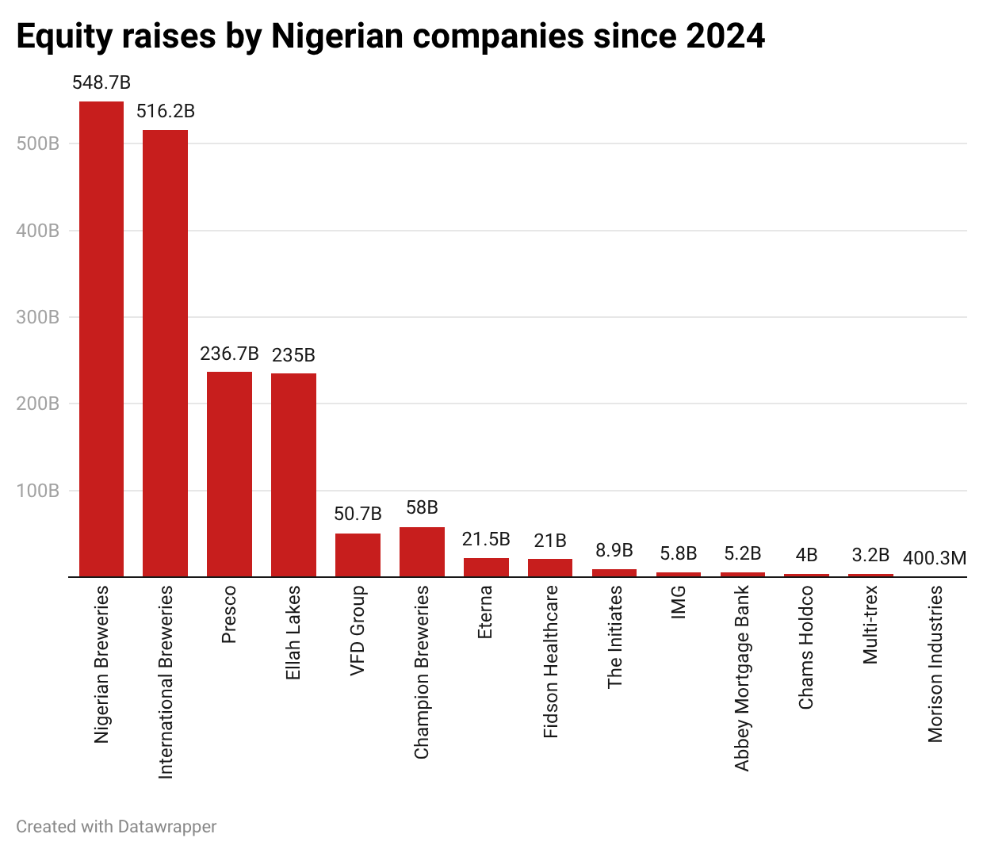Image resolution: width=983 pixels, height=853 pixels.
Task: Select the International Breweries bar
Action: [165, 354]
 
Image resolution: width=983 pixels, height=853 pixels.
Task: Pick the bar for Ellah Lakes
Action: [293, 475]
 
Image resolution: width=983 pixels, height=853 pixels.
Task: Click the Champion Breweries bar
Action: [422, 552]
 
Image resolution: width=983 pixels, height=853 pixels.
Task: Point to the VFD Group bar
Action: [358, 555]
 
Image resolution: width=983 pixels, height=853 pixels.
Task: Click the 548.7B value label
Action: [101, 82]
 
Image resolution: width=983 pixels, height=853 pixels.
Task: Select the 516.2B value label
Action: [165, 111]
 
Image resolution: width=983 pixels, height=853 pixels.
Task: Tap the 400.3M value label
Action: [935, 558]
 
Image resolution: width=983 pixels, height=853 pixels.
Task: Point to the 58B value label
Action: [422, 507]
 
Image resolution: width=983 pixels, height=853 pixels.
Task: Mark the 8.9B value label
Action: [614, 550]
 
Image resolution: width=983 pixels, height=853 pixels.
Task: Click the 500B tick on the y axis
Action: [38, 143]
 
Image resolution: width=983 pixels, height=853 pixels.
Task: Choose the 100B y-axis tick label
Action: [38, 491]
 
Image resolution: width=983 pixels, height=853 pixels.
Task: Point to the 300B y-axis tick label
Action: [38, 317]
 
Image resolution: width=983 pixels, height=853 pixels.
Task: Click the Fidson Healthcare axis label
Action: [551, 662]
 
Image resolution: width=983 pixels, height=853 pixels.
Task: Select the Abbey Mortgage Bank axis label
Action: [742, 678]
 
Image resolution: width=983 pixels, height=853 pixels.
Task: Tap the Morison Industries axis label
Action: [935, 664]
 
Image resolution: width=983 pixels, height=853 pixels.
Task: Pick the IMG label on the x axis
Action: [679, 602]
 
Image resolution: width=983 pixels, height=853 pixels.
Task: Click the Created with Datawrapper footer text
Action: [116, 827]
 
